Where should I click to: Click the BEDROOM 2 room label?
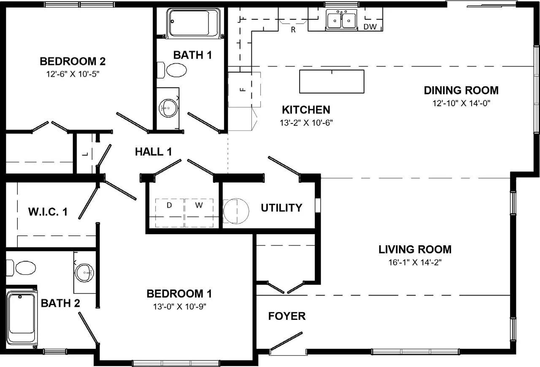(73, 62)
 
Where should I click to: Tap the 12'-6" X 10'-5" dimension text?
(73, 74)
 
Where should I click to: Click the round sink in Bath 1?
(168, 108)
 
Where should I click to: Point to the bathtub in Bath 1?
(193, 23)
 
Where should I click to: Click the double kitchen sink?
(341, 20)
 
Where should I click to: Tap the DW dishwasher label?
(370, 27)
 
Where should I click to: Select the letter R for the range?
(293, 29)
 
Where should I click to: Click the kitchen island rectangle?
(332, 82)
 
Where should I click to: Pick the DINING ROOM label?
(461, 90)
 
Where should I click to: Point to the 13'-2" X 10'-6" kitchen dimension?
(306, 123)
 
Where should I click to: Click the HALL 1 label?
(153, 152)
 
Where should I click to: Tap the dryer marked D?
(170, 213)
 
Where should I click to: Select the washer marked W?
(199, 213)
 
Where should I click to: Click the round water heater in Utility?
(236, 211)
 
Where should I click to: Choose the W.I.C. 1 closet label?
(48, 212)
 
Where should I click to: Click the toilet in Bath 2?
(21, 268)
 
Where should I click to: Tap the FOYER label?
(287, 316)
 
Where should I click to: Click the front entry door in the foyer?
(286, 341)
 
